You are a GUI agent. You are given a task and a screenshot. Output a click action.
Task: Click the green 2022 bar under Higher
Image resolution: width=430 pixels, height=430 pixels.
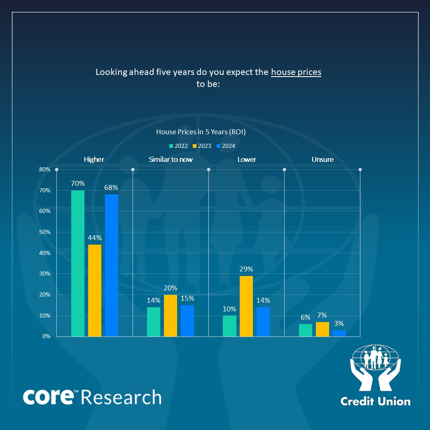point(78,263)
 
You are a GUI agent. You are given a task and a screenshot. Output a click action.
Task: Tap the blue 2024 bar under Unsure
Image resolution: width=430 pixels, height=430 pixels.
point(339,333)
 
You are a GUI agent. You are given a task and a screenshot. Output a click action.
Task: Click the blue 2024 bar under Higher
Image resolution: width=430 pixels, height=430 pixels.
point(112,265)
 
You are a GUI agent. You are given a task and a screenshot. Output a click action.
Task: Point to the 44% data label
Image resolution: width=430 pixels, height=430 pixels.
point(94,238)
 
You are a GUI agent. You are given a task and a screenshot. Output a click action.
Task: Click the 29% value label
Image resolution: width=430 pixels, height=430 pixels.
point(246,269)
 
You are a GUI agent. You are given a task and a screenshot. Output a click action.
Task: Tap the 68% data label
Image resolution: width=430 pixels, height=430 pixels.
point(111,187)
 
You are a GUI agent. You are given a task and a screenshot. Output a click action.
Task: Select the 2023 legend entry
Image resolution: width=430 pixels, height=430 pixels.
point(204,146)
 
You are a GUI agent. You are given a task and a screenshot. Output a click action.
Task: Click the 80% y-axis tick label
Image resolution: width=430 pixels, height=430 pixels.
point(44,169)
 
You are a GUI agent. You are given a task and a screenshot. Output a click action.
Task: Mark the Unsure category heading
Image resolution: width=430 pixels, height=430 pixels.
point(322,159)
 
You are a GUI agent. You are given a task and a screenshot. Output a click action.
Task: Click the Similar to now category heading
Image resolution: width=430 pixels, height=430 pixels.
point(171,159)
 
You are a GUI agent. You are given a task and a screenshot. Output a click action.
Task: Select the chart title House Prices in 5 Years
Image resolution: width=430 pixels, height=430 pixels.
point(201,132)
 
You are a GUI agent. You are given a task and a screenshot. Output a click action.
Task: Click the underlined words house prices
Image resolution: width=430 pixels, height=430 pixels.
point(296,72)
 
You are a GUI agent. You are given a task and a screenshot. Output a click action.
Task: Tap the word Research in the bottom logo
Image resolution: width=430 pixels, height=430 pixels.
point(121,397)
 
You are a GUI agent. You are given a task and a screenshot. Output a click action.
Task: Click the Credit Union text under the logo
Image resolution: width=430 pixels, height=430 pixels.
point(375,401)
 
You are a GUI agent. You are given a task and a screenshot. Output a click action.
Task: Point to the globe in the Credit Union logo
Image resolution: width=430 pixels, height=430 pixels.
point(375,357)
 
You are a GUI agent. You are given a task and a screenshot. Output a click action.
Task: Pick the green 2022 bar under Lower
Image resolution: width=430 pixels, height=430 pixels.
point(229,326)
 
